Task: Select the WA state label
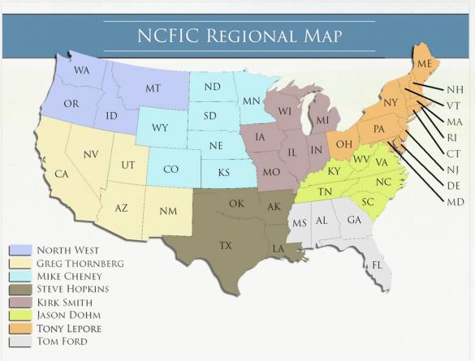(x=81, y=71)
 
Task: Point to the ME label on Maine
(x=424, y=63)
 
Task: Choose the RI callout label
(x=453, y=137)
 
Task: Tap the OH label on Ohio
(x=343, y=144)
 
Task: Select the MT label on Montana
(x=153, y=88)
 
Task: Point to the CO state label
(x=171, y=170)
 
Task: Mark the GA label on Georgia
(x=355, y=220)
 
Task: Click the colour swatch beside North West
(x=20, y=250)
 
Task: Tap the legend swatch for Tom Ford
(x=20, y=341)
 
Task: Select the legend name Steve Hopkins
(x=73, y=289)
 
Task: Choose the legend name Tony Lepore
(x=70, y=328)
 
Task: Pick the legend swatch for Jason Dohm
(x=20, y=315)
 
